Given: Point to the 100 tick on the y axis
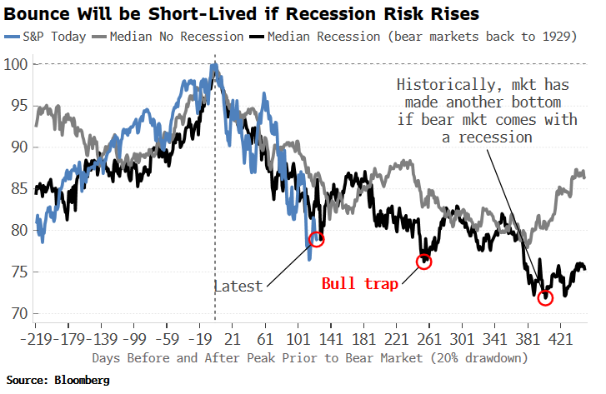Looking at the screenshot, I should [16, 65].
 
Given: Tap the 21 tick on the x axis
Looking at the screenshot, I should [233, 340].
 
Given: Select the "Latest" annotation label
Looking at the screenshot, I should [238, 286].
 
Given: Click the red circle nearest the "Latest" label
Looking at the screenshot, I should [316, 239].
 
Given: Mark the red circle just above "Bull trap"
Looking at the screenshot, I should [425, 262].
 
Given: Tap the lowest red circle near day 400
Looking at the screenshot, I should [545, 297].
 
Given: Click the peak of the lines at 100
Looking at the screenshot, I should [214, 66].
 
